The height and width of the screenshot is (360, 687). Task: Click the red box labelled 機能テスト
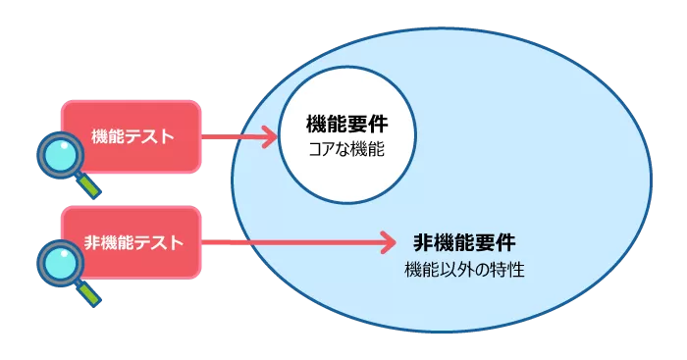(x=132, y=136)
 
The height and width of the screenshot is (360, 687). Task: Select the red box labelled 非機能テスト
(x=132, y=242)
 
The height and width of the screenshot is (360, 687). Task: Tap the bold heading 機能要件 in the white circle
(x=346, y=126)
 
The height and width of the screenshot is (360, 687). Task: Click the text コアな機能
(x=346, y=151)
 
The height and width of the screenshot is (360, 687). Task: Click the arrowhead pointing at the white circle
(x=271, y=137)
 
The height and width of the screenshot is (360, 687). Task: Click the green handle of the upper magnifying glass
(x=89, y=184)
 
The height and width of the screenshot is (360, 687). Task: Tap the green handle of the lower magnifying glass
(x=89, y=291)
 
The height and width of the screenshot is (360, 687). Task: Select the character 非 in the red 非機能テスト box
(x=93, y=242)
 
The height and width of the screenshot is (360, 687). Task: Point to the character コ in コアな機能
(x=315, y=151)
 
